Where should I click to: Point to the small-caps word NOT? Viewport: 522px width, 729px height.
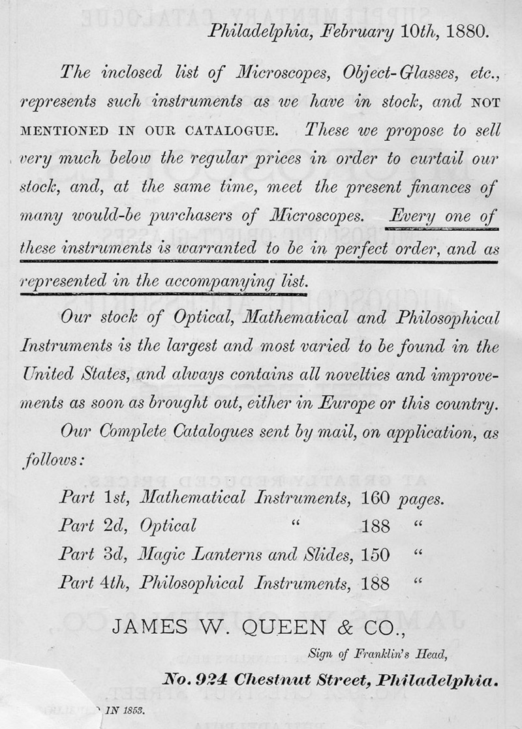point(483,102)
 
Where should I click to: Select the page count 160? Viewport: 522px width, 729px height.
point(375,499)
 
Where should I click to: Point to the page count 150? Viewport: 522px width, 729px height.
point(375,555)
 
